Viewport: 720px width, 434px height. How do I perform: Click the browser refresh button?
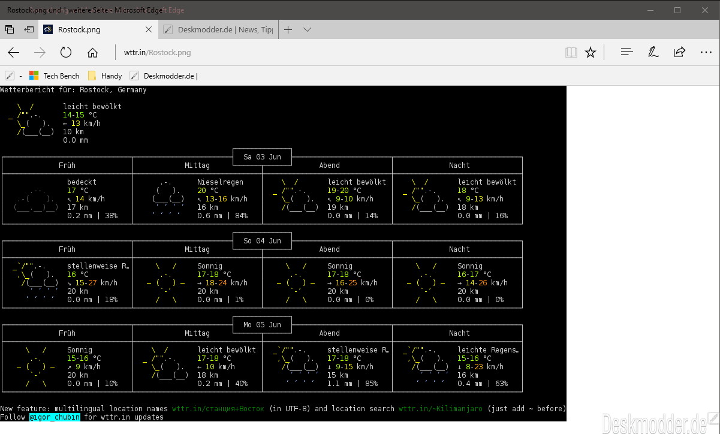[x=66, y=52]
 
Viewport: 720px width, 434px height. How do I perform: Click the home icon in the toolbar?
[x=92, y=52]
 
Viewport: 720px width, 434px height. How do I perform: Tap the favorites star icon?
[x=591, y=52]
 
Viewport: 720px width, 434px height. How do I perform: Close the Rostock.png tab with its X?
[x=149, y=29]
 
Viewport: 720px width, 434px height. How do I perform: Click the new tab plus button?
[x=288, y=29]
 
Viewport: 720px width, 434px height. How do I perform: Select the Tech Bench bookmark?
[x=54, y=76]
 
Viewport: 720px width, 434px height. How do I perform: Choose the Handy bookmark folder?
[x=105, y=76]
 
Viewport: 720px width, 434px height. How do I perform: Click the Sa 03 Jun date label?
[x=263, y=157]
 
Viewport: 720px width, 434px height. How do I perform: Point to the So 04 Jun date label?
[x=263, y=241]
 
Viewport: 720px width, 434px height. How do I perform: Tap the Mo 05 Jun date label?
[x=263, y=325]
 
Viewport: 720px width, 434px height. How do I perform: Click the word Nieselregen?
[x=220, y=182]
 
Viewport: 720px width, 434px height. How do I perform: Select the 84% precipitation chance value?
[x=242, y=216]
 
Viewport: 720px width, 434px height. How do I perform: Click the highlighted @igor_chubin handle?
[x=55, y=417]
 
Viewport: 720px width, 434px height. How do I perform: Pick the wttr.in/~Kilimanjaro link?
[x=441, y=409]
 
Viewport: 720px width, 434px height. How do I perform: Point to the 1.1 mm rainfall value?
[x=340, y=384]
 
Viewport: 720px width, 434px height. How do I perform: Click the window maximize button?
[x=677, y=10]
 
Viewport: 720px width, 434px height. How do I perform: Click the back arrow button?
[x=14, y=52]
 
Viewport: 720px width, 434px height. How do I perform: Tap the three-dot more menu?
[x=706, y=52]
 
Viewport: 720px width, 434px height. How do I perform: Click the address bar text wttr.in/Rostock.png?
[x=157, y=52]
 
